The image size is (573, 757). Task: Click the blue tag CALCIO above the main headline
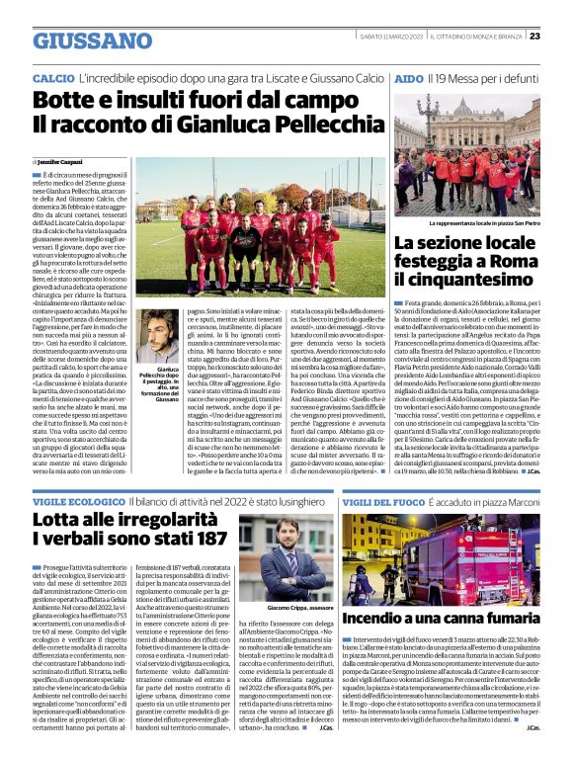(x=52, y=77)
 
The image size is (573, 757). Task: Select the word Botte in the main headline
(x=65, y=101)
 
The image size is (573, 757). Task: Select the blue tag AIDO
(x=409, y=77)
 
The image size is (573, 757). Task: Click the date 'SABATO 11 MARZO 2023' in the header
(x=388, y=37)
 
